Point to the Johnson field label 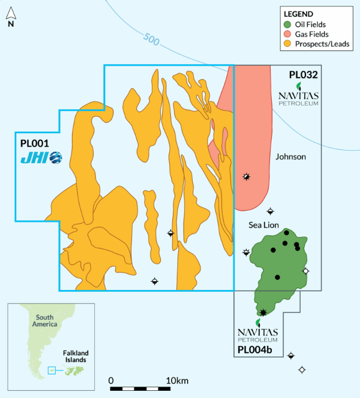[291, 157]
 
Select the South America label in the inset [45, 321]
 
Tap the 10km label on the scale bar [178, 381]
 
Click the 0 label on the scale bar [112, 381]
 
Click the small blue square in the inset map [51, 370]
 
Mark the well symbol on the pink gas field [246, 176]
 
